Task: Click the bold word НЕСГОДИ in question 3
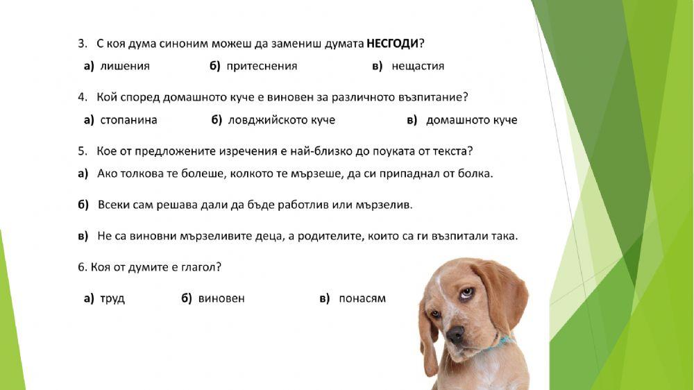(393, 44)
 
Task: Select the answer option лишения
(124, 67)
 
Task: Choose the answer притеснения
(262, 67)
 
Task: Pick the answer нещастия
(418, 67)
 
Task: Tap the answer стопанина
(128, 120)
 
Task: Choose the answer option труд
(112, 298)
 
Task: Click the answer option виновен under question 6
(221, 298)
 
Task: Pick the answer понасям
(362, 298)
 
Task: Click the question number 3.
(81, 44)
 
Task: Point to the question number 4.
(81, 97)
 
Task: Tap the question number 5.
(81, 151)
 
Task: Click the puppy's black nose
(455, 334)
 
